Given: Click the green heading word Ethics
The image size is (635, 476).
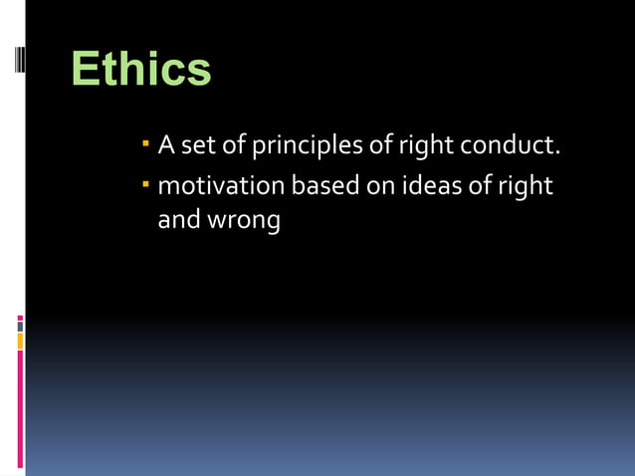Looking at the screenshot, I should coord(141,70).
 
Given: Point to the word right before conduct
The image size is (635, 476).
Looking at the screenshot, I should coord(425,147).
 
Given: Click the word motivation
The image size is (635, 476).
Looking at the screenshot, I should coord(220,186).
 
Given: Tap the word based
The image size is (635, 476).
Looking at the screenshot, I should coord(325,186).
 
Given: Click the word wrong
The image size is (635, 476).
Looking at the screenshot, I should coord(244,220).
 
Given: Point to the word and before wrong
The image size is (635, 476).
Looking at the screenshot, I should coord(179,220).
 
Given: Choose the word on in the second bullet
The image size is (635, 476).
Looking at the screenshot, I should coord(380,186).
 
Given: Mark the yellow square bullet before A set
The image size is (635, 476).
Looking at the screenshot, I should coord(145,146).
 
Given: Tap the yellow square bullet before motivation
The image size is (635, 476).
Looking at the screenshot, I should coord(145,184).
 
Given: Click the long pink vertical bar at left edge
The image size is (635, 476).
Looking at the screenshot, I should coord(20,408).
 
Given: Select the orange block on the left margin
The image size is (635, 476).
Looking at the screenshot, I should coord(20,342).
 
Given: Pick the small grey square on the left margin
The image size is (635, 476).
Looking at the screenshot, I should coord(20,326).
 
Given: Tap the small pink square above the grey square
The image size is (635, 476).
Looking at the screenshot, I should coord(20,318).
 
